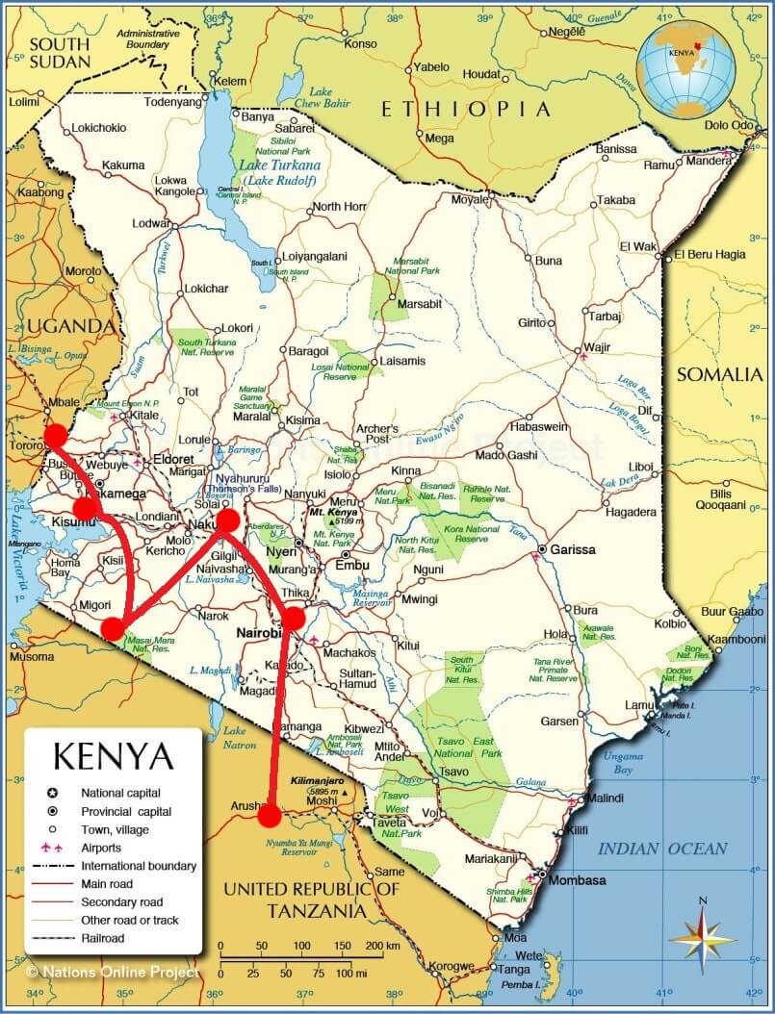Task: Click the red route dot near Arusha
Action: coord(270,816)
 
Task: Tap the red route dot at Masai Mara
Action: coord(113,628)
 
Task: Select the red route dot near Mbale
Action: coord(56,435)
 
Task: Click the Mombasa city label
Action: coord(579,880)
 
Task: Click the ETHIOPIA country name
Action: coord(466,109)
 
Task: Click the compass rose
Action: coord(702,934)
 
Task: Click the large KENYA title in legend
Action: coord(114,755)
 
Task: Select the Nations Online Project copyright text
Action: coord(113,973)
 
